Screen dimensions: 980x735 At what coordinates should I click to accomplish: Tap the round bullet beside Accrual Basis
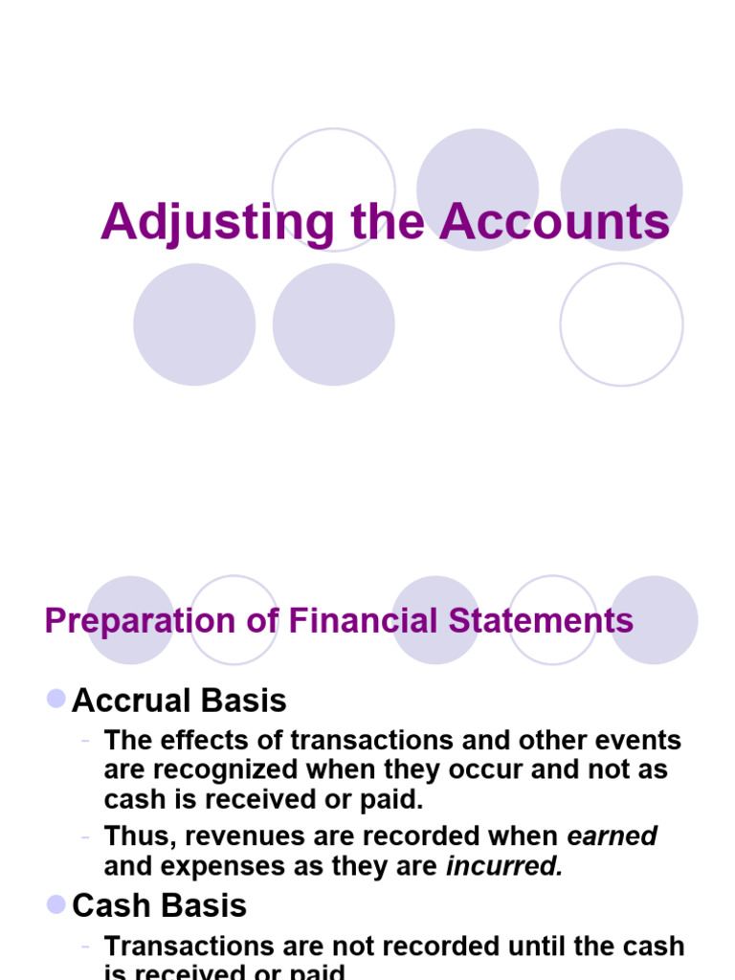(56, 699)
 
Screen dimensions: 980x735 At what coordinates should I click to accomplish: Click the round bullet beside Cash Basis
(56, 903)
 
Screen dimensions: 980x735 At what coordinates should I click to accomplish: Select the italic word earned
(612, 835)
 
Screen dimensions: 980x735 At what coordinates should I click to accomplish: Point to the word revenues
(245, 835)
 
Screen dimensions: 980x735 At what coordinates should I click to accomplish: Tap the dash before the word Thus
(87, 835)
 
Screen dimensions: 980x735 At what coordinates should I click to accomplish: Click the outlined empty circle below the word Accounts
(621, 324)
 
